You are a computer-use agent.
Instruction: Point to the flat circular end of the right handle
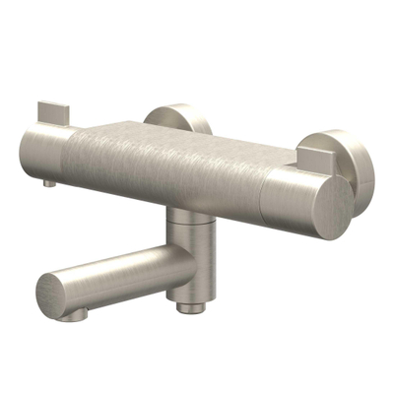pos(325,208)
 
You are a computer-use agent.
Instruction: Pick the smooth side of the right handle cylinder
pos(286,197)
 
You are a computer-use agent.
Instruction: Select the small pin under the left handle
pos(49,183)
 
